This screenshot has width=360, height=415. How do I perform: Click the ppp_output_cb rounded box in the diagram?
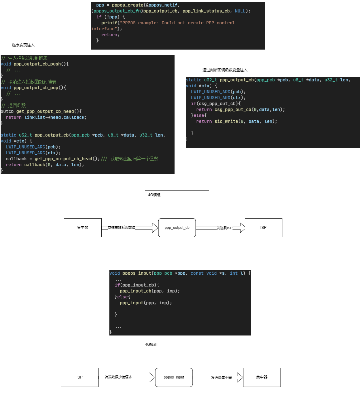click(177, 228)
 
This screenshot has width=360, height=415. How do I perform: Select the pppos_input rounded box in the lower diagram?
click(174, 377)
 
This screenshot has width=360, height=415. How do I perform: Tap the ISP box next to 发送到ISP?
click(263, 228)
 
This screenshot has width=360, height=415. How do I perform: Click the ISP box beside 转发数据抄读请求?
click(79, 377)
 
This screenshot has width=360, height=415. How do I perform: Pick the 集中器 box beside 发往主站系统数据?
click(83, 228)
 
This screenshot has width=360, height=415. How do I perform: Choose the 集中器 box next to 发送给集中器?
click(262, 377)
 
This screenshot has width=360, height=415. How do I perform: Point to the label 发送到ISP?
click(224, 228)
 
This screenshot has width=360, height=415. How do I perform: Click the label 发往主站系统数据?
click(122, 228)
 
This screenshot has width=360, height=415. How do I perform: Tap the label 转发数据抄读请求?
click(118, 377)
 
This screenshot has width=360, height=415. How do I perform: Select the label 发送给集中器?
click(222, 378)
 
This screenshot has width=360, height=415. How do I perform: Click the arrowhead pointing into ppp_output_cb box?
click(155, 228)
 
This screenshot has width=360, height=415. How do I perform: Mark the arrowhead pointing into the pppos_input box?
click(152, 377)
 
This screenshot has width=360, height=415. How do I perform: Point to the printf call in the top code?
click(109, 23)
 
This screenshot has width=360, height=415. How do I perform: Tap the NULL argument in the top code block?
click(240, 11)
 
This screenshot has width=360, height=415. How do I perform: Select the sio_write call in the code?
click(226, 122)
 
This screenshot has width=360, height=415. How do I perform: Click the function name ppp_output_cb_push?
click(37, 64)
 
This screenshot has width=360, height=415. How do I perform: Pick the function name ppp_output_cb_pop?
click(36, 88)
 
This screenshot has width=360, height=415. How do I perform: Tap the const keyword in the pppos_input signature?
click(197, 273)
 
